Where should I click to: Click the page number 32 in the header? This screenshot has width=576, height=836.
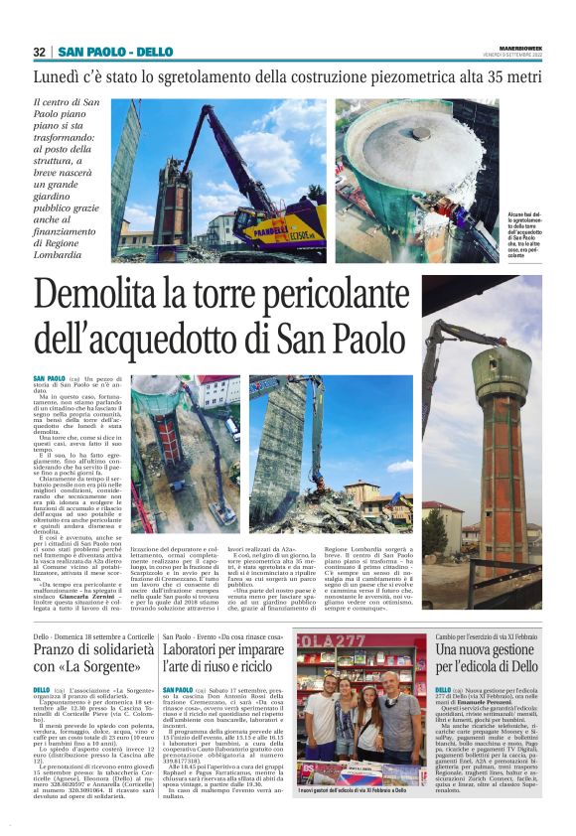tap(40, 52)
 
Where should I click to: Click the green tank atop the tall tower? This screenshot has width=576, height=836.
tap(501, 376)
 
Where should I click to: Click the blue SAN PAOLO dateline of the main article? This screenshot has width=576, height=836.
tap(47, 379)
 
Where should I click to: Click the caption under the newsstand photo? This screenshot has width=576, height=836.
tap(352, 790)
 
